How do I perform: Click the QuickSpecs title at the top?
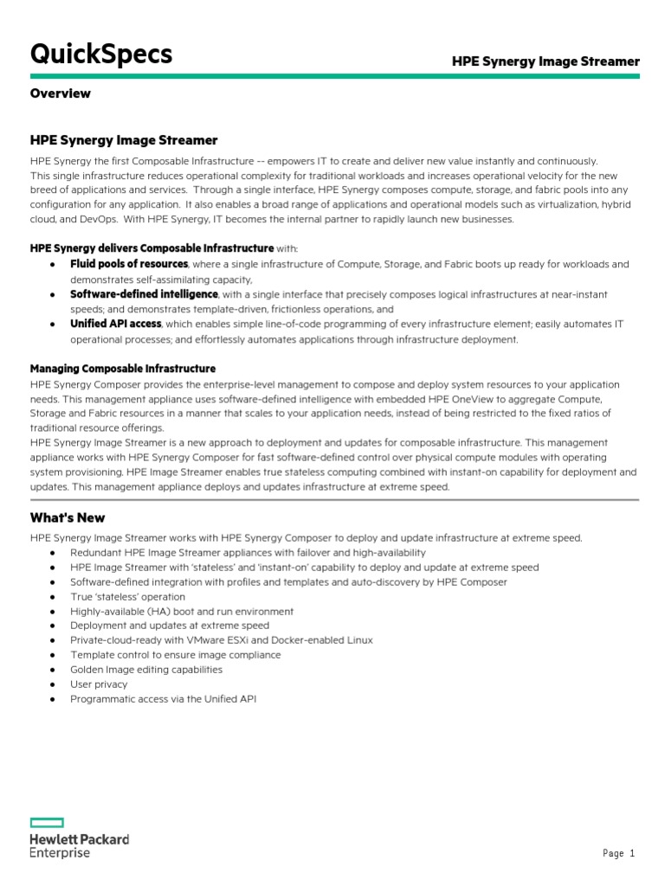[101, 55]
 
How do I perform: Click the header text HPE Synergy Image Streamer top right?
[546, 61]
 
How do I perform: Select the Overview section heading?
[61, 93]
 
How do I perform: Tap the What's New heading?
[68, 517]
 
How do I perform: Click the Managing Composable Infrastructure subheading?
[123, 369]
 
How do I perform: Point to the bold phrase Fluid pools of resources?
[129, 264]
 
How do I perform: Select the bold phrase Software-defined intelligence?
[144, 294]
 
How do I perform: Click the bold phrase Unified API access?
[115, 324]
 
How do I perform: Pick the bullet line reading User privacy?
[99, 684]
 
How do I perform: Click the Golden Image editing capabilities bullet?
[146, 670]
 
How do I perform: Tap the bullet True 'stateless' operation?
[128, 597]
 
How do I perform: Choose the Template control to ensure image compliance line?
[176, 655]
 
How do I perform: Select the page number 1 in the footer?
[632, 854]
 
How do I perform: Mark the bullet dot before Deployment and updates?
[53, 626]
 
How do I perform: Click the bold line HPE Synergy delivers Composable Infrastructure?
[152, 248]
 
